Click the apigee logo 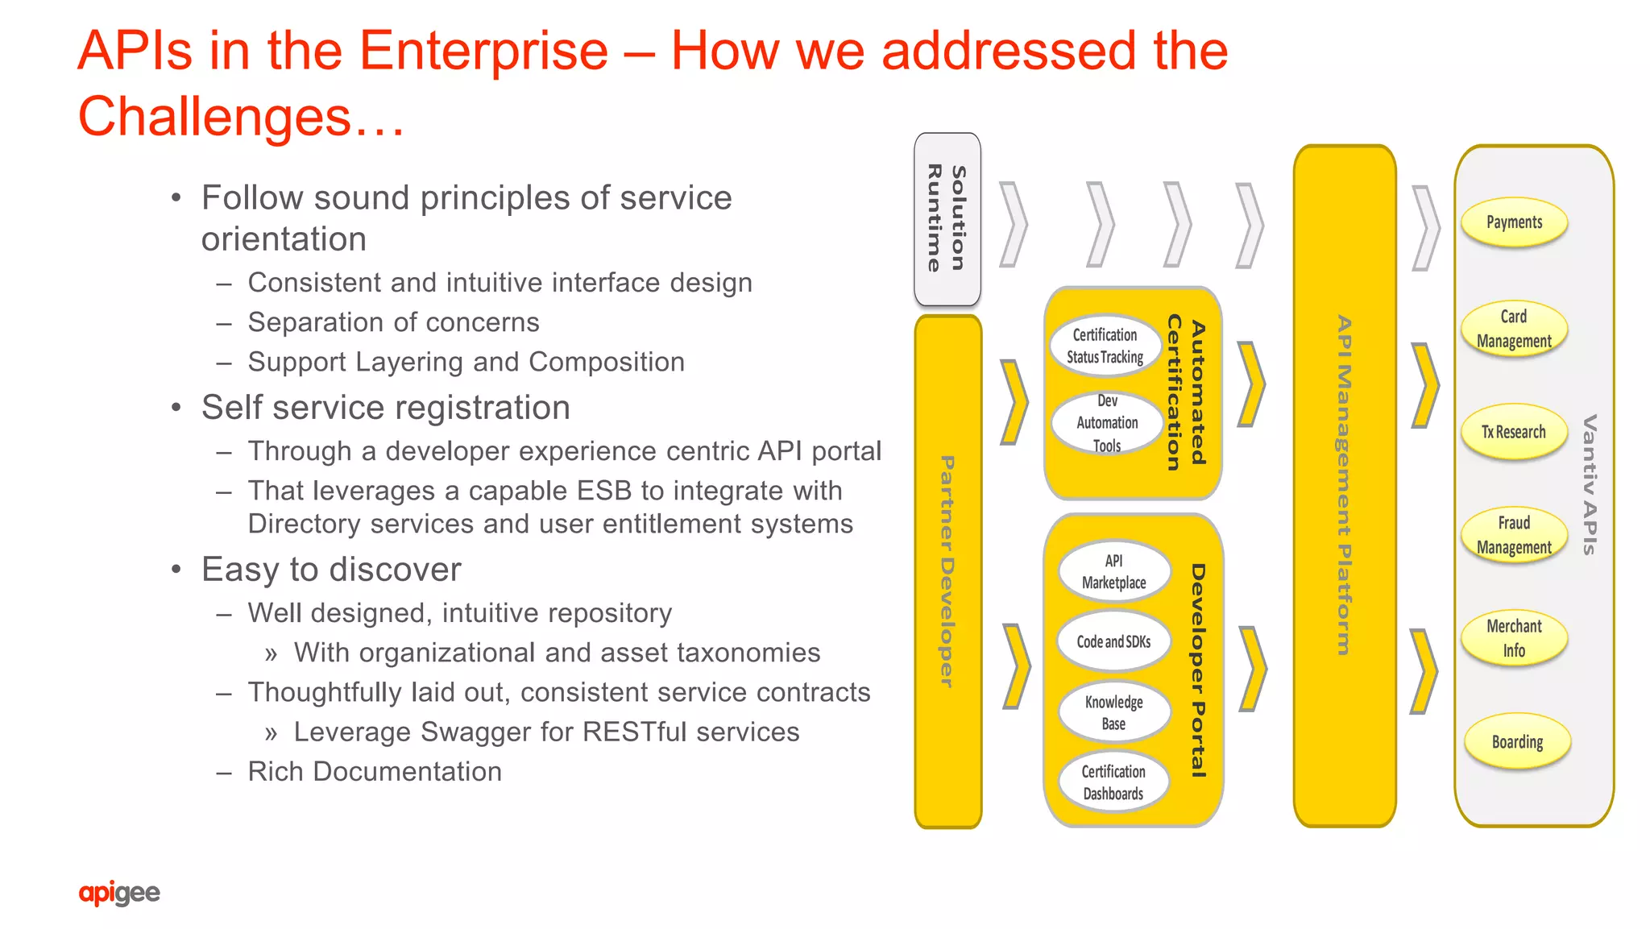tap(119, 893)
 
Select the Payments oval tap(1514, 222)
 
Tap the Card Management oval tap(1514, 329)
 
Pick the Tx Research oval tap(1514, 432)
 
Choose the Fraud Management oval tap(1514, 535)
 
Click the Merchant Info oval tap(1514, 638)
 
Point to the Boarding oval tap(1517, 742)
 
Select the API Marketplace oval tap(1113, 572)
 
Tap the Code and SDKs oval tap(1113, 642)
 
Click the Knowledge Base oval tap(1113, 713)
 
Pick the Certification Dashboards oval tap(1113, 782)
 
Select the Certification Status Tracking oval tap(1105, 346)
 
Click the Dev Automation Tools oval tap(1107, 423)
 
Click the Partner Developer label tap(947, 571)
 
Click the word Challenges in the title tap(215, 117)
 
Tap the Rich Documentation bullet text tap(375, 772)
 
